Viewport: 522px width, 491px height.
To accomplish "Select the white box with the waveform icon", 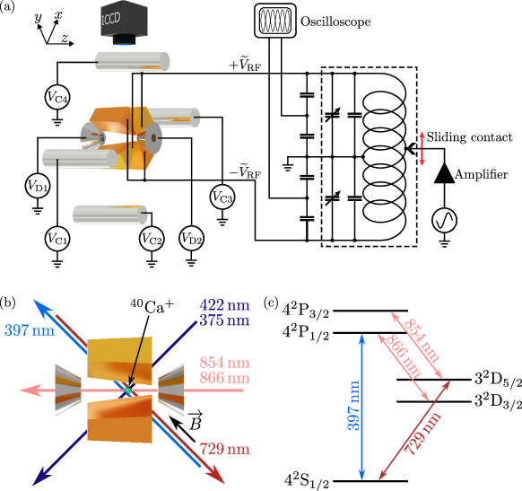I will pyautogui.click(x=275, y=21).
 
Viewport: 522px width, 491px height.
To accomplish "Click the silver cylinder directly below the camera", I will pyautogui.click(x=132, y=62).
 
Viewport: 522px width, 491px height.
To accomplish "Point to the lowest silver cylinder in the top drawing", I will pyautogui.click(x=109, y=215).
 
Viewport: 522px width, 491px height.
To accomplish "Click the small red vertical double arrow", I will pyautogui.click(x=422, y=148).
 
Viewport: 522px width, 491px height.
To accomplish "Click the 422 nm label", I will pyautogui.click(x=224, y=306).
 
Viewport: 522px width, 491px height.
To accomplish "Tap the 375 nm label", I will pyautogui.click(x=224, y=320).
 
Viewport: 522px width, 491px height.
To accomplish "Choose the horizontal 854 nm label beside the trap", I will pyautogui.click(x=224, y=364).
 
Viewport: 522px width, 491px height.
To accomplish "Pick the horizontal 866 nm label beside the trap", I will pyautogui.click(x=224, y=378).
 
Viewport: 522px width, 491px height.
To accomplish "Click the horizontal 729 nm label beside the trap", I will pyautogui.click(x=224, y=449).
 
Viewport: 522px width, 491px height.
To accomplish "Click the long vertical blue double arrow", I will pyautogui.click(x=362, y=407).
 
